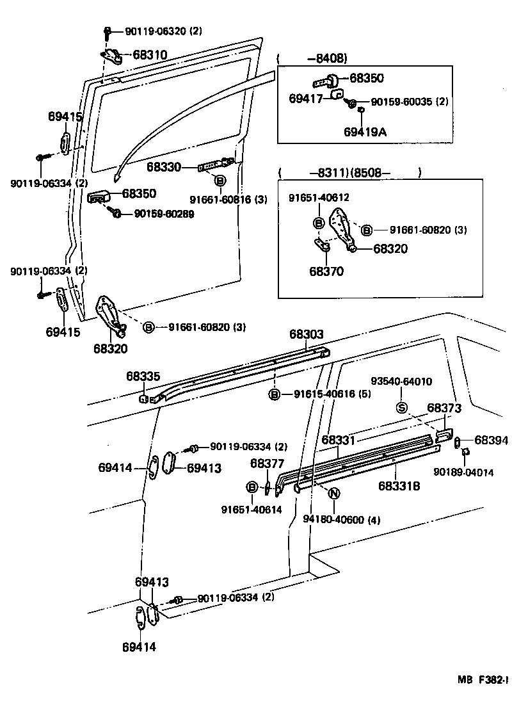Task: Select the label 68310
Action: [x=150, y=55]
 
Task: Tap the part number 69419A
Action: [x=365, y=133]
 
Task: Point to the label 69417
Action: [x=307, y=99]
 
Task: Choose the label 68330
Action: [x=164, y=167]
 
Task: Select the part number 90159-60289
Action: [x=164, y=213]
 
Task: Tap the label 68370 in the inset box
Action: [x=326, y=271]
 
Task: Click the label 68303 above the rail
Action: [x=306, y=334]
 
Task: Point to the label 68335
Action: [x=143, y=376]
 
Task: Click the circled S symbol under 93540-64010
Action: [x=402, y=408]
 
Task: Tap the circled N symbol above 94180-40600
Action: [x=333, y=493]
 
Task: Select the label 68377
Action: [x=267, y=464]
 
